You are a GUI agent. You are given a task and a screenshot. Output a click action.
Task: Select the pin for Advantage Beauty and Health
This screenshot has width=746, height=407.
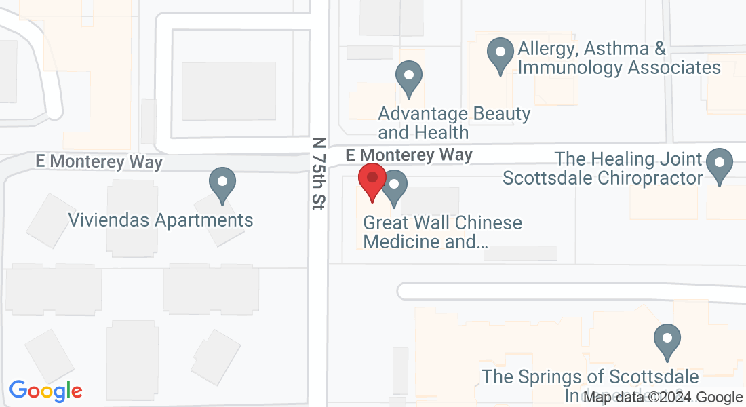pyautogui.click(x=408, y=78)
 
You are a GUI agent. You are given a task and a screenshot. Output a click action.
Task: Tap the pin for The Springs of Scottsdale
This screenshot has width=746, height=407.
pyautogui.click(x=667, y=342)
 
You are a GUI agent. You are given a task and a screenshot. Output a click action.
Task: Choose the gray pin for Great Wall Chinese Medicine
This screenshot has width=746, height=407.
pyautogui.click(x=394, y=188)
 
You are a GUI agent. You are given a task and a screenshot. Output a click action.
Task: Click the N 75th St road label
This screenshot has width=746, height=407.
pyautogui.click(x=319, y=174)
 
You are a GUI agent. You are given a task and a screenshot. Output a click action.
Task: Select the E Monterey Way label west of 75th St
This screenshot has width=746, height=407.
pyautogui.click(x=100, y=162)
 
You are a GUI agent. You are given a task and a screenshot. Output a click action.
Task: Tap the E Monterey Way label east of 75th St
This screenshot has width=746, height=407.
pyautogui.click(x=409, y=155)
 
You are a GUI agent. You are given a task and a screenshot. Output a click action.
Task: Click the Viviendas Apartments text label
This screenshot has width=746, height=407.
pyautogui.click(x=161, y=220)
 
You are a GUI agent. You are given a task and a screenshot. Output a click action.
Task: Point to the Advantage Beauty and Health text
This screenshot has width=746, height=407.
pyautogui.click(x=454, y=122)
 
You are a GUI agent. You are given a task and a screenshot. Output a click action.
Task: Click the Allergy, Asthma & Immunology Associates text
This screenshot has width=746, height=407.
pyautogui.click(x=619, y=58)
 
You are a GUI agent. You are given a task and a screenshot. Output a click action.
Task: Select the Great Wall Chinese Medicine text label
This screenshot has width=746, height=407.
pyautogui.click(x=443, y=231)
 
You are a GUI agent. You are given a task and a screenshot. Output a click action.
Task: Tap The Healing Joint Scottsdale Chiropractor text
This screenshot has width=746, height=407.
pyautogui.click(x=602, y=168)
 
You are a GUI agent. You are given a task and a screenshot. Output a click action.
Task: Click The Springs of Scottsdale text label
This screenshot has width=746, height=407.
pyautogui.click(x=590, y=376)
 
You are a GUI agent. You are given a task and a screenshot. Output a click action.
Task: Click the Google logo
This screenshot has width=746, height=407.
pyautogui.click(x=45, y=391)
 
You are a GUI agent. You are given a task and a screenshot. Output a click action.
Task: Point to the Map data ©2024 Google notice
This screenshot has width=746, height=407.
pyautogui.click(x=663, y=398)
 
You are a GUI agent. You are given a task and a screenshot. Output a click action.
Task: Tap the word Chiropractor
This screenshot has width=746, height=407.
pyautogui.click(x=650, y=178)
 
